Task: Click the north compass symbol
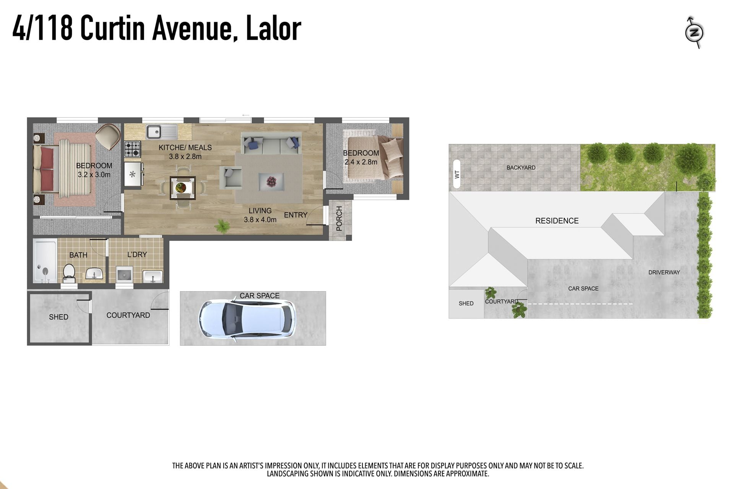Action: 694,32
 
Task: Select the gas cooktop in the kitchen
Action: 133,149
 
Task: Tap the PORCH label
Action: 339,219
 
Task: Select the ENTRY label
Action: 296,215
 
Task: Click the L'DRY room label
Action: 137,254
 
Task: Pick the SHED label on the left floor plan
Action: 58,317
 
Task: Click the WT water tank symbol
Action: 456,175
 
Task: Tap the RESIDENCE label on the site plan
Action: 557,221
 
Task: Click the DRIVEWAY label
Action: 664,272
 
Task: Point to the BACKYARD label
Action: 521,168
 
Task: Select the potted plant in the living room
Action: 221,226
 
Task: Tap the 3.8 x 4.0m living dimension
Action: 260,220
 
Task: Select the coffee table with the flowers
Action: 271,181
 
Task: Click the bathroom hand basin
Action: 94,274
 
